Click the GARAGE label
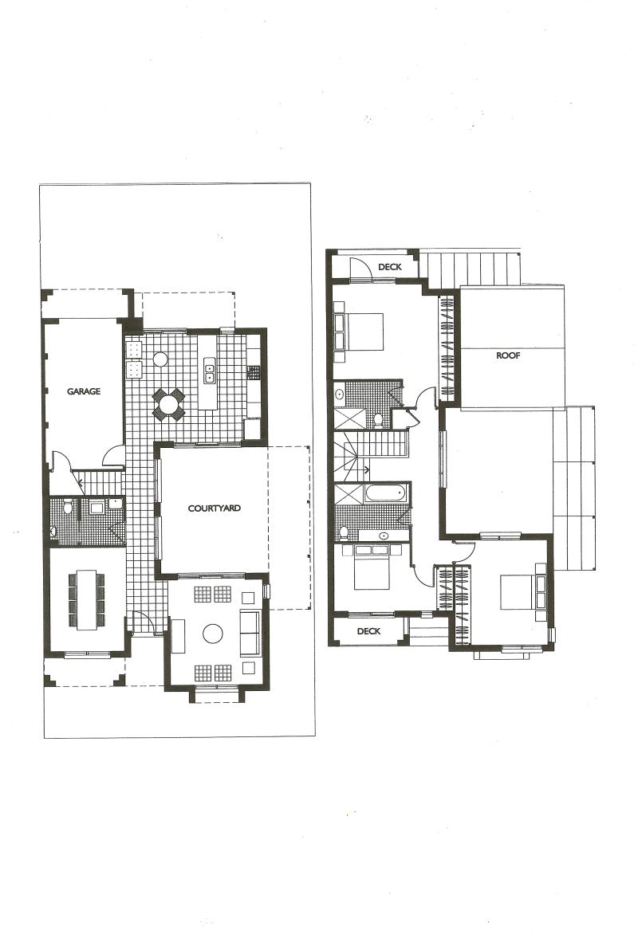83,391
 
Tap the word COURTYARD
215,508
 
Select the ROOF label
508,356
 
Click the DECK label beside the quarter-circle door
390,267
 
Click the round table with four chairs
168,403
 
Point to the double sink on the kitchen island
210,370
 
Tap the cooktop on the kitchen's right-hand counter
253,372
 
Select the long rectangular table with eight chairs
86,599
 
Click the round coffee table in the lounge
212,634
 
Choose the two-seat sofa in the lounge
250,634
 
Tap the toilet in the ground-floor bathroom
69,508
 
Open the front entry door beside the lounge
144,622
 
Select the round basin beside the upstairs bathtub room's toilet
384,535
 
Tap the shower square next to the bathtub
349,494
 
